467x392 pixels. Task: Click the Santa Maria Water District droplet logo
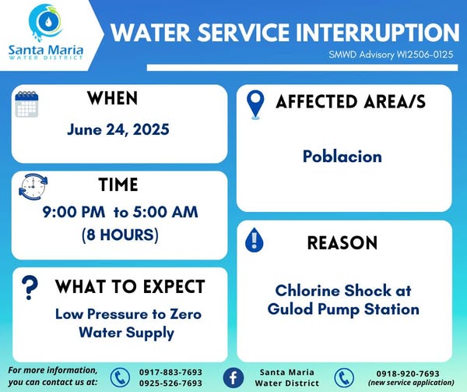click(x=46, y=23)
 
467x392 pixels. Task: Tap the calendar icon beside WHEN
click(x=26, y=104)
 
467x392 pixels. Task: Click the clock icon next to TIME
click(x=33, y=187)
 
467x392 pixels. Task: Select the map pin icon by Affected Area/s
click(x=255, y=104)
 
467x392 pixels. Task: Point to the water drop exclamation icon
click(x=254, y=240)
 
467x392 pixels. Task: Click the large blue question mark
click(x=30, y=288)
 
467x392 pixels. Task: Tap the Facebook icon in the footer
click(x=233, y=378)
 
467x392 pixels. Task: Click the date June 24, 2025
click(x=118, y=129)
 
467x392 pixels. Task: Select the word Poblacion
click(x=342, y=156)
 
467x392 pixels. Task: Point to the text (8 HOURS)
click(x=120, y=235)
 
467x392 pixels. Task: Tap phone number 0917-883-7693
click(x=170, y=372)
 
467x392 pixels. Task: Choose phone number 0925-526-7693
click(x=170, y=383)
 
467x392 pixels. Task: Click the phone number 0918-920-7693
click(x=408, y=373)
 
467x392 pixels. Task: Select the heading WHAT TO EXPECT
click(x=130, y=287)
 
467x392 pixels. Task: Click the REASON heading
click(x=342, y=242)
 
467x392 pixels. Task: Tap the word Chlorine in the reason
click(x=307, y=291)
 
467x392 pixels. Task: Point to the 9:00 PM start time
click(x=74, y=212)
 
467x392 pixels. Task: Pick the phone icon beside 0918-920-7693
click(x=344, y=378)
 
